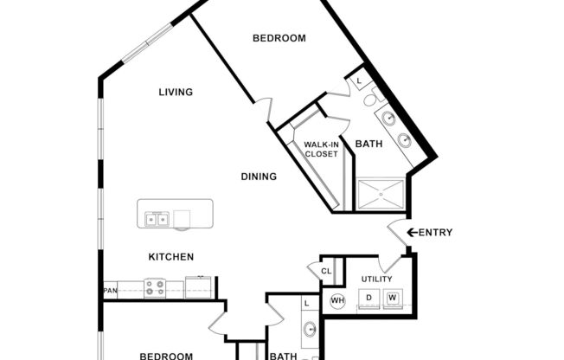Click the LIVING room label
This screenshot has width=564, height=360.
(175, 92)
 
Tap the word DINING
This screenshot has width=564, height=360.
(259, 177)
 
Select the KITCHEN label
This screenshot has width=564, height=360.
(170, 257)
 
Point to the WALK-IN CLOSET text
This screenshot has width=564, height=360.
(320, 150)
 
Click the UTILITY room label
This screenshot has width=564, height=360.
(376, 279)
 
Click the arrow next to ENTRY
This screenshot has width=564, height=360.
(412, 232)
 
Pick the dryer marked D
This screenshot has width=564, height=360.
(369, 299)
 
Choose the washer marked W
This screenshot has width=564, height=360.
(393, 299)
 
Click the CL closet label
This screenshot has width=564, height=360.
(326, 271)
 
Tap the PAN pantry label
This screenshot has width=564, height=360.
(110, 290)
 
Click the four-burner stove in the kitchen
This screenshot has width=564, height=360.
(155, 287)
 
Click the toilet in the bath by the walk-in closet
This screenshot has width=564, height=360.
(370, 99)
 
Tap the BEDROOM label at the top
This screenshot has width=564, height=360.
(279, 38)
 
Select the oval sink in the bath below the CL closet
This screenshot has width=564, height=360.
(309, 330)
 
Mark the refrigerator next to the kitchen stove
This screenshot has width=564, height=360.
(198, 287)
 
